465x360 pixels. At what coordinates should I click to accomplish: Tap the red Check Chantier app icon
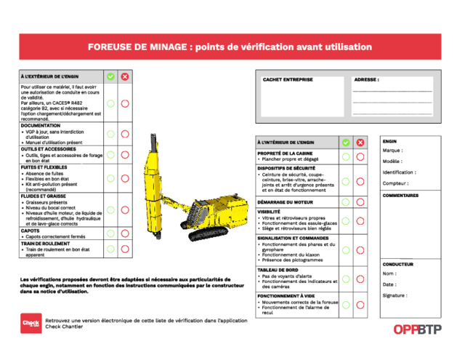[x=31, y=323]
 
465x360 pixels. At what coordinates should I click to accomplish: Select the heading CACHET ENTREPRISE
[x=288, y=80]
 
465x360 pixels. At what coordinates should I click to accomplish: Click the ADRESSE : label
[x=366, y=80]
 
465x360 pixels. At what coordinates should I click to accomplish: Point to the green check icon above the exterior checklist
[x=110, y=76]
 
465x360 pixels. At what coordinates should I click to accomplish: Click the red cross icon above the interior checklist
[x=360, y=142]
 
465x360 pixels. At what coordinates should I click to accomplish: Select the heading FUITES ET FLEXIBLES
[x=45, y=167]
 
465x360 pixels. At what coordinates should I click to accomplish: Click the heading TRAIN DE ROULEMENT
[x=46, y=244]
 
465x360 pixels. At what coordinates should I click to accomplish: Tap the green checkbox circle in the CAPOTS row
[x=110, y=233]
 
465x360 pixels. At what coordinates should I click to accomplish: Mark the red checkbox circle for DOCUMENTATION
[x=125, y=134]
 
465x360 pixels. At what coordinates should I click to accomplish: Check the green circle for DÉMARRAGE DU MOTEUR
[x=346, y=201]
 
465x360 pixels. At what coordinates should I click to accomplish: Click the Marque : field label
[x=393, y=151]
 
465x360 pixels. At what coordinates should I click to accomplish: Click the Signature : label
[x=395, y=295]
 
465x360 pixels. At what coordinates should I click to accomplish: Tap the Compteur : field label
[x=396, y=183]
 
